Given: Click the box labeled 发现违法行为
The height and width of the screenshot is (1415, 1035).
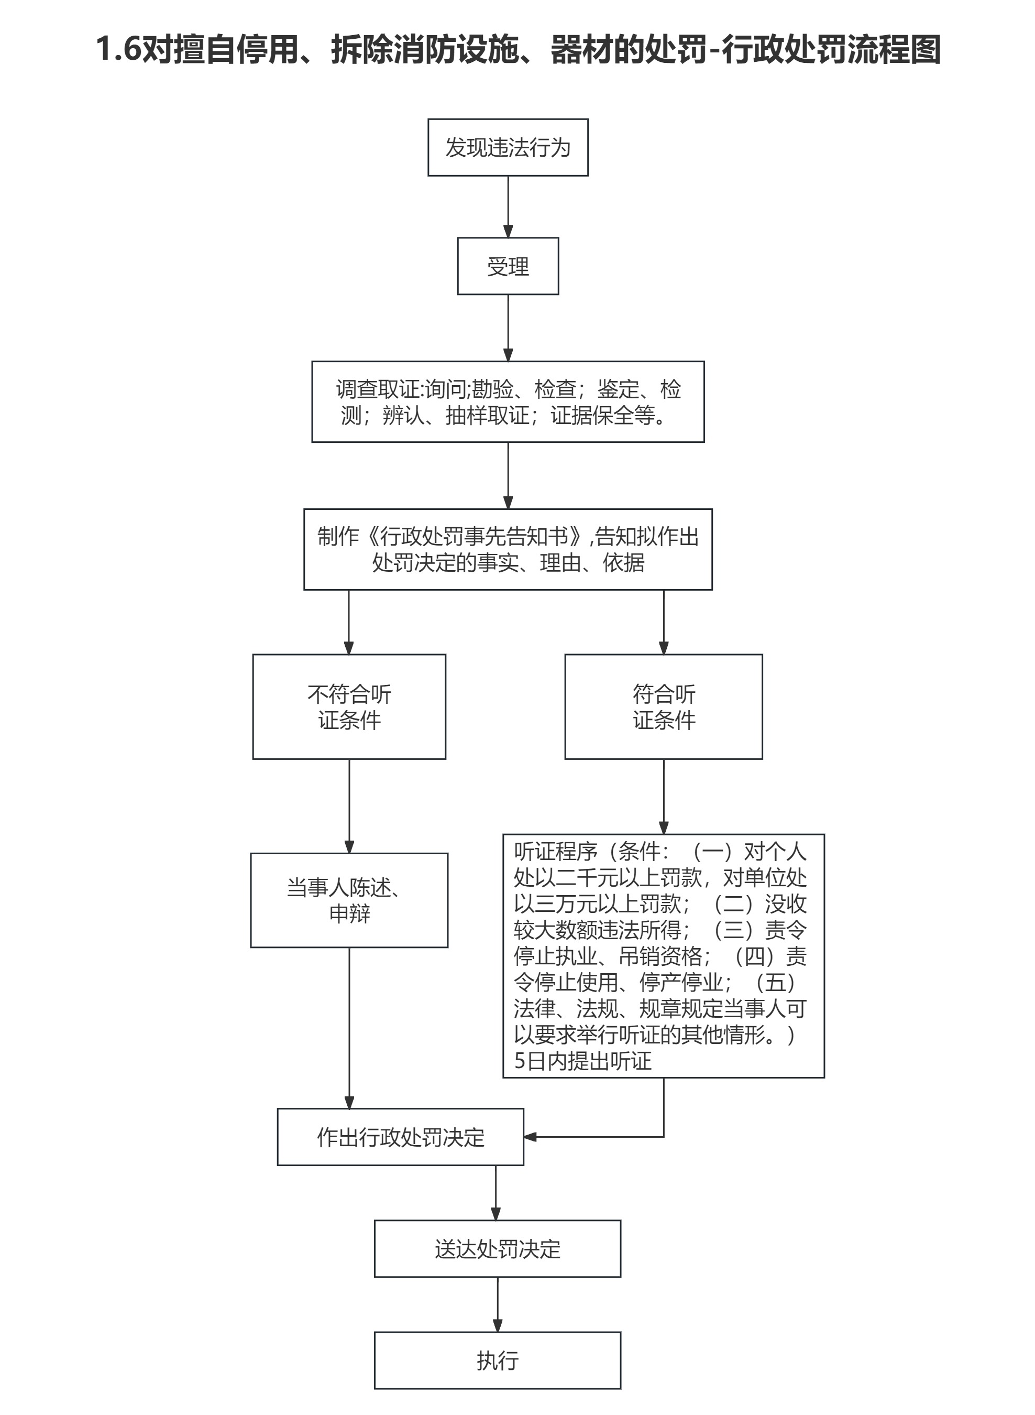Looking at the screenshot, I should point(508,147).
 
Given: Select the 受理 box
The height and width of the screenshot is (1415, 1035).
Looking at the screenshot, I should point(508,266).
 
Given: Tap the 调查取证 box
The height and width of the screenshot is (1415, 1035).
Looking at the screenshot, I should point(508,401).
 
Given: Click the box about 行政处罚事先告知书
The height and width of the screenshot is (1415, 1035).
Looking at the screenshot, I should point(508,549).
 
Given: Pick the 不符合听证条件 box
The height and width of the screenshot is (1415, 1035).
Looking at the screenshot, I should point(349,706).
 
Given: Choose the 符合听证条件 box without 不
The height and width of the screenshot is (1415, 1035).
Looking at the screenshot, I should point(664,706).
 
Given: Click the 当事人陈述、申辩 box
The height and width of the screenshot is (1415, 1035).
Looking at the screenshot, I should point(349,900).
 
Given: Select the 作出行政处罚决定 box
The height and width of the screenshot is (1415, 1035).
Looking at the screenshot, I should point(400,1137).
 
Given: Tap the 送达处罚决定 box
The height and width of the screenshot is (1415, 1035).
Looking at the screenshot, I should point(498,1249).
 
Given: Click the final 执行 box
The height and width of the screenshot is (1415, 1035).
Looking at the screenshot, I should point(498,1360).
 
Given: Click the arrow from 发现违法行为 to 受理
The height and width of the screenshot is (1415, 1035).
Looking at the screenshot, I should point(508,206).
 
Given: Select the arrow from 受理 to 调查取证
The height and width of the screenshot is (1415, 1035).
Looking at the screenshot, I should point(508,327).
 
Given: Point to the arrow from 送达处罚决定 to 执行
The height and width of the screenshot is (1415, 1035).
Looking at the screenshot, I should point(498,1304).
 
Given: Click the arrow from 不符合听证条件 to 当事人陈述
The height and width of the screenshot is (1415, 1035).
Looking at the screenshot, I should point(349,806).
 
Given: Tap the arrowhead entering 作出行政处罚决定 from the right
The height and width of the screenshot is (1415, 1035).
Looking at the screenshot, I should point(530,1137).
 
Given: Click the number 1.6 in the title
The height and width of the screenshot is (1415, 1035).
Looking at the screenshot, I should point(118,49).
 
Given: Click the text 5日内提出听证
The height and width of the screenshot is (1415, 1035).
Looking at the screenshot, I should point(582,1061).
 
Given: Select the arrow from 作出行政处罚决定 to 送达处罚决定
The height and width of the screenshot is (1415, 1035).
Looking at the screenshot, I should point(496,1192).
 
